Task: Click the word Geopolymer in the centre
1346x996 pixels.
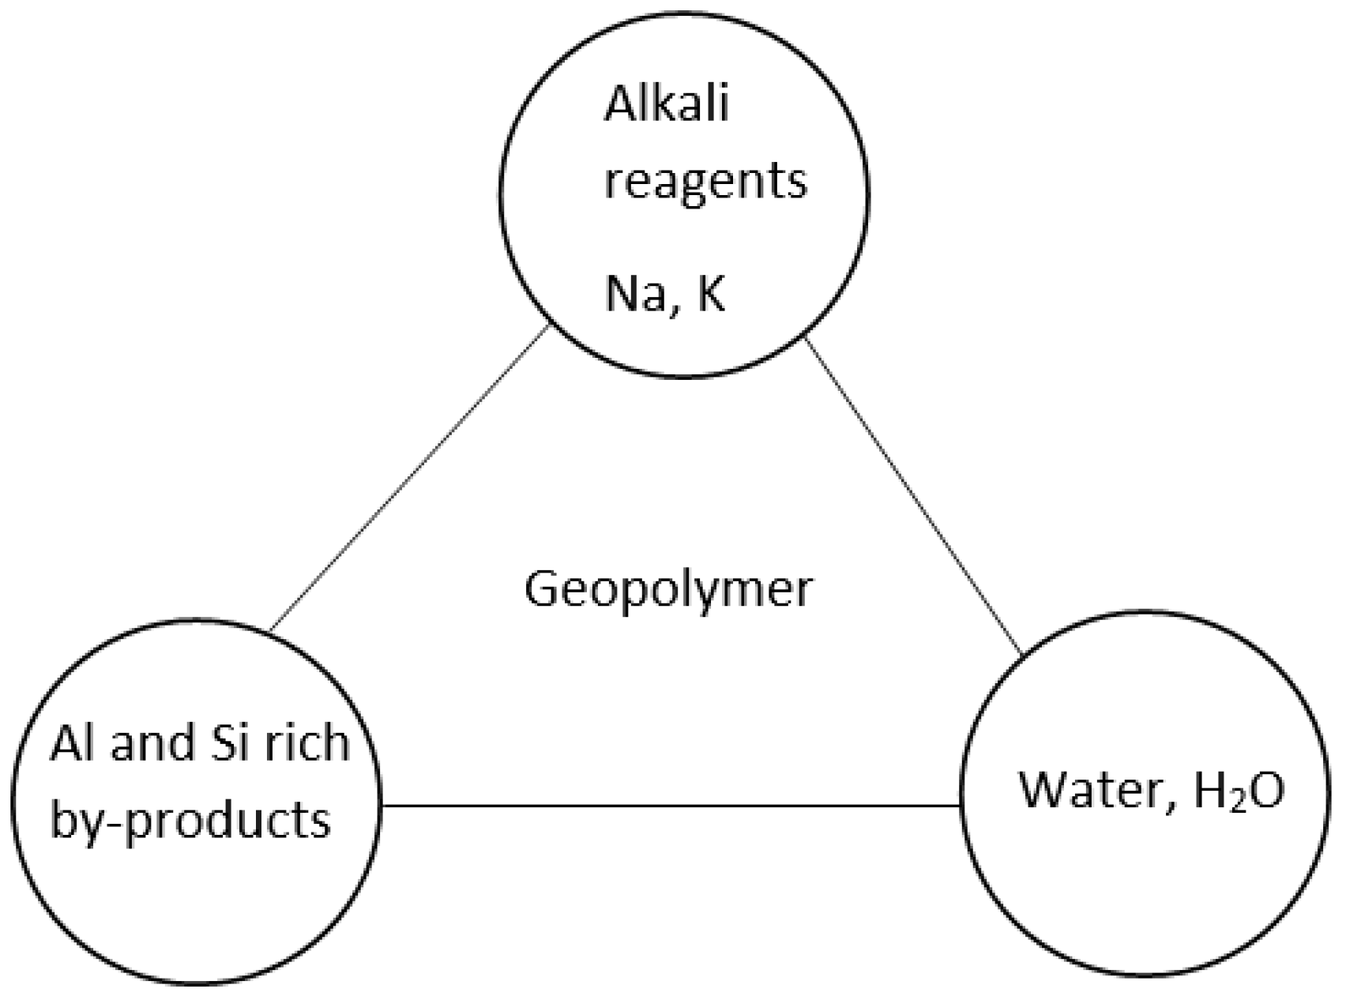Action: point(668,589)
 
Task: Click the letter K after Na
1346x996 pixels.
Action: point(710,294)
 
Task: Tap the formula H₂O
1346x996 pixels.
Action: point(1239,790)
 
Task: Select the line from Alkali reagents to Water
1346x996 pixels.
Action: point(912,498)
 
